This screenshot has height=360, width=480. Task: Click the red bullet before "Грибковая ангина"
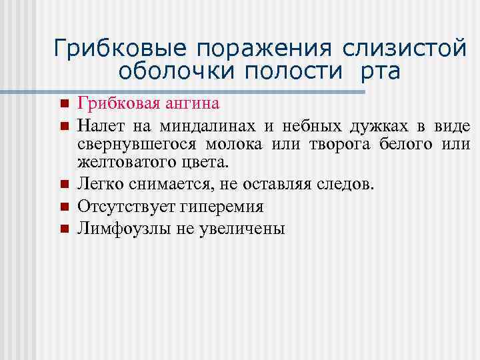[x=64, y=105]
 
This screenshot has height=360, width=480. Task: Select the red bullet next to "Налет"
[x=64, y=125]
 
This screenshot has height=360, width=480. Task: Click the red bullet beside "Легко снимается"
[x=64, y=184]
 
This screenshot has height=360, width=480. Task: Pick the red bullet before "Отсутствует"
[x=64, y=207]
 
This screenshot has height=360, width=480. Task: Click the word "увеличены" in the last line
[x=245, y=229]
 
